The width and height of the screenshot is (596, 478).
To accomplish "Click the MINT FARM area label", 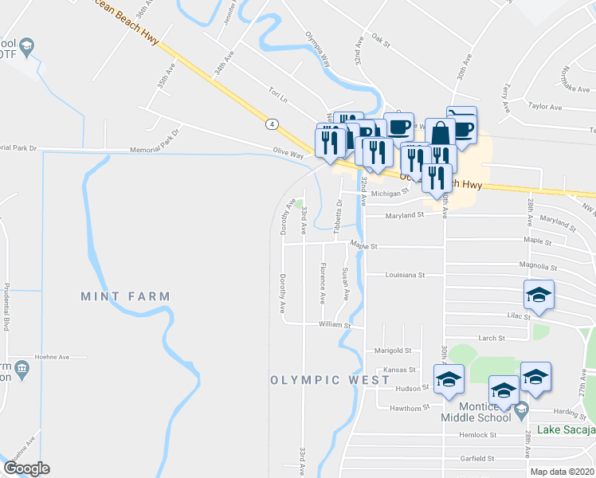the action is coord(125,296).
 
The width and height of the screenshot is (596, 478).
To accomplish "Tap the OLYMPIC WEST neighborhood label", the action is coord(319,380).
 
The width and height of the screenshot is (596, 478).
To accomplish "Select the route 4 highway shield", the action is coord(273,124).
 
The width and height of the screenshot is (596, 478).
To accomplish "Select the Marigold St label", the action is coord(392,351).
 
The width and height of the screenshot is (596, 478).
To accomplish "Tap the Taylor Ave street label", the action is coord(545,105).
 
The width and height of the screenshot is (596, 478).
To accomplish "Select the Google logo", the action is coord(26,468).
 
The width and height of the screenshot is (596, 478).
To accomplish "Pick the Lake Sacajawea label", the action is coord(566,430).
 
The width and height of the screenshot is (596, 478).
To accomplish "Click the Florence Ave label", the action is coord(322,284).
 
